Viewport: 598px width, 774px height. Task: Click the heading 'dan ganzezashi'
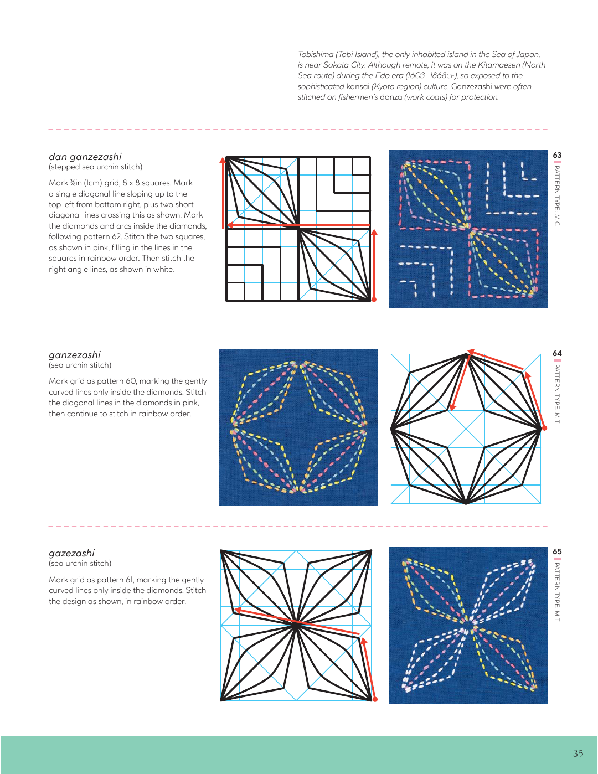(x=85, y=157)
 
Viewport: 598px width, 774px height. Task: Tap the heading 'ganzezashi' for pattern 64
(x=75, y=355)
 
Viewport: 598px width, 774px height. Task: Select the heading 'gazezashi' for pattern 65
(x=71, y=553)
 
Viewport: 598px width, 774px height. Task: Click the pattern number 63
(x=557, y=155)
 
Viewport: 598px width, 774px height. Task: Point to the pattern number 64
(x=557, y=353)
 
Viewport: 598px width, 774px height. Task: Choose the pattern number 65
(x=557, y=551)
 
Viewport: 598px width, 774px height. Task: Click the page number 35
(x=578, y=754)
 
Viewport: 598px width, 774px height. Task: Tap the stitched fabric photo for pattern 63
(x=468, y=229)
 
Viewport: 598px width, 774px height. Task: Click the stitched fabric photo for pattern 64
(x=298, y=427)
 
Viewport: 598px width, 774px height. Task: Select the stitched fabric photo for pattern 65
(x=468, y=626)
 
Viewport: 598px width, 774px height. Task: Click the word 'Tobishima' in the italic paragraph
(x=316, y=54)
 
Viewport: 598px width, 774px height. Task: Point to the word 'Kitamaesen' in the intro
(x=498, y=65)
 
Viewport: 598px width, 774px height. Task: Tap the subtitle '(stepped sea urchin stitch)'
(x=95, y=167)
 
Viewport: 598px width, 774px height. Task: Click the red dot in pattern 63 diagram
(x=374, y=300)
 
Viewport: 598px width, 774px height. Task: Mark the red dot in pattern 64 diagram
(x=544, y=428)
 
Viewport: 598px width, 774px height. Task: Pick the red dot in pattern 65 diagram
(x=375, y=699)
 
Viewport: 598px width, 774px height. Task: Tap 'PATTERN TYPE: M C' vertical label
(x=557, y=195)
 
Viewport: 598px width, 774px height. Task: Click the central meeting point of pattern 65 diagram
(x=296, y=624)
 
